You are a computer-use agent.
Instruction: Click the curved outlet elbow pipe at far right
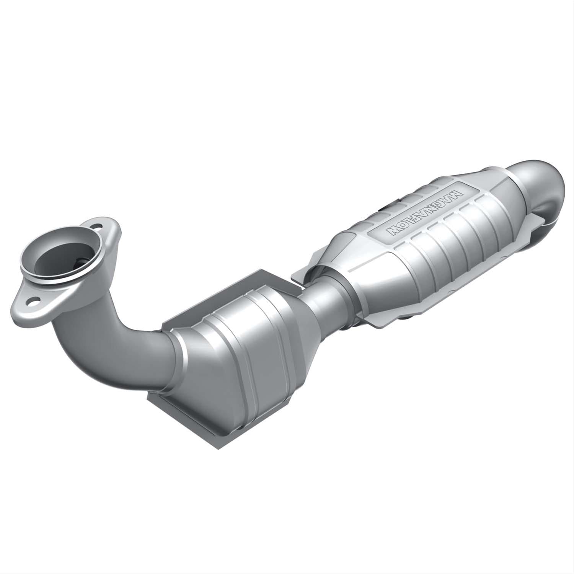tap(538, 180)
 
